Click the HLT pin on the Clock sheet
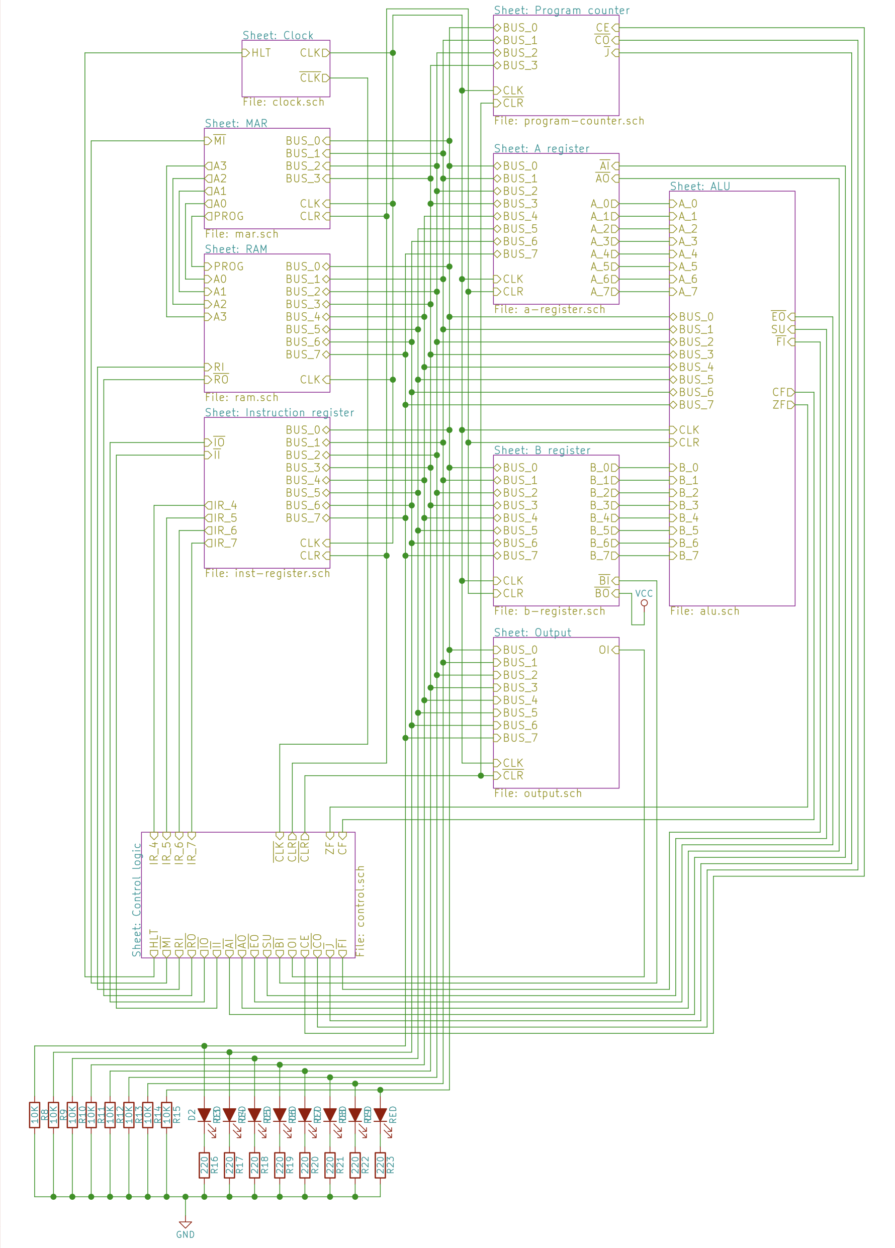tap(256, 53)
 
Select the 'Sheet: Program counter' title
tap(561, 10)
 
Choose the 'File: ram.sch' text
tap(241, 397)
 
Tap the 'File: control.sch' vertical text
tap(361, 911)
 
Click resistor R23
tap(380, 1166)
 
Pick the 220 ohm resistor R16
tap(204, 1166)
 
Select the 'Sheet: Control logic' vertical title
tap(136, 899)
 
